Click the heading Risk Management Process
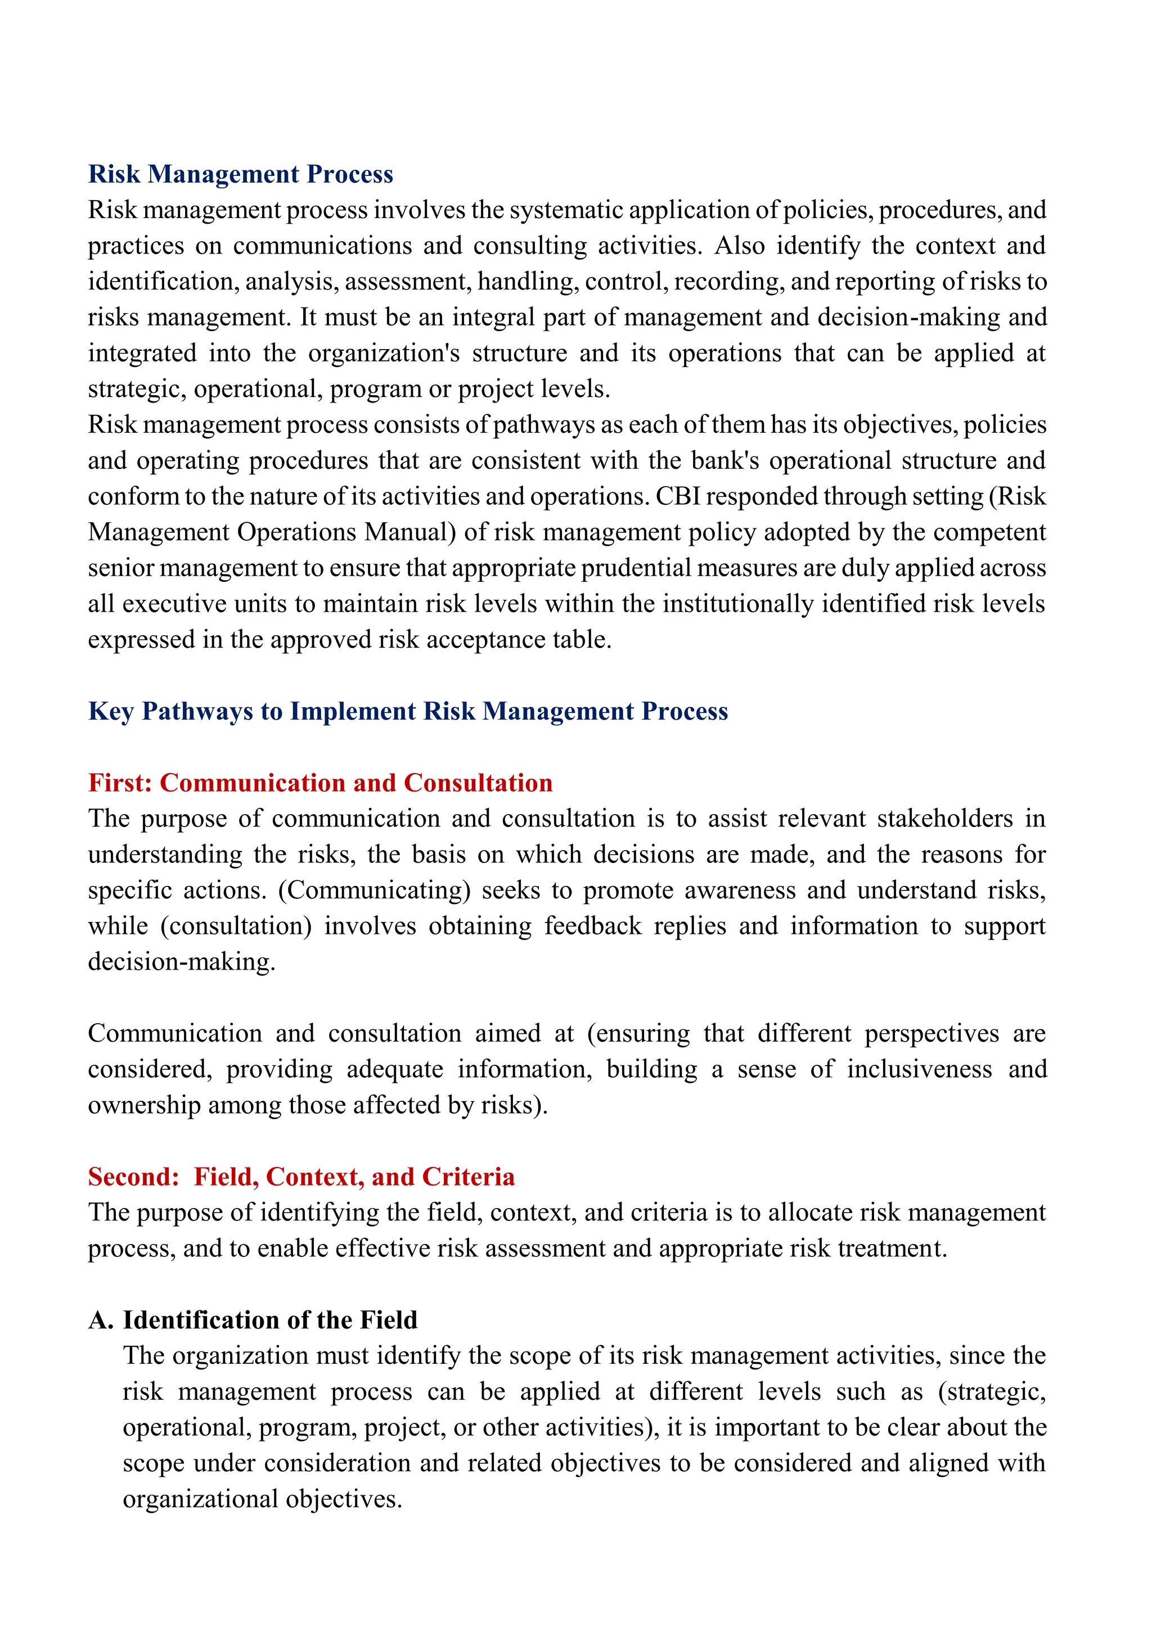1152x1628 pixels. (x=241, y=174)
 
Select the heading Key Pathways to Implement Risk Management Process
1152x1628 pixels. (x=408, y=711)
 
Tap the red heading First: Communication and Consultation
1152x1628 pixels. (x=320, y=783)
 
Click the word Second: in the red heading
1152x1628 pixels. (x=134, y=1177)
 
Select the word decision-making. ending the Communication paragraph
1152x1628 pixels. (x=182, y=962)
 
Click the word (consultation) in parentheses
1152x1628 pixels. (x=236, y=926)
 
